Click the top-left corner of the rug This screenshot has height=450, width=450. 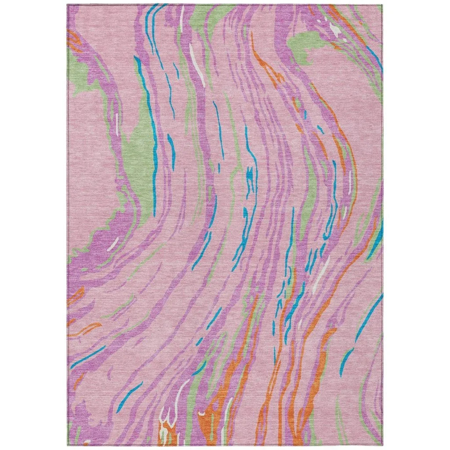(x=68, y=5)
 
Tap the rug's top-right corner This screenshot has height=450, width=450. (x=382, y=5)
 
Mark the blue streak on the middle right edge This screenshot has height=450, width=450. (x=376, y=240)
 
